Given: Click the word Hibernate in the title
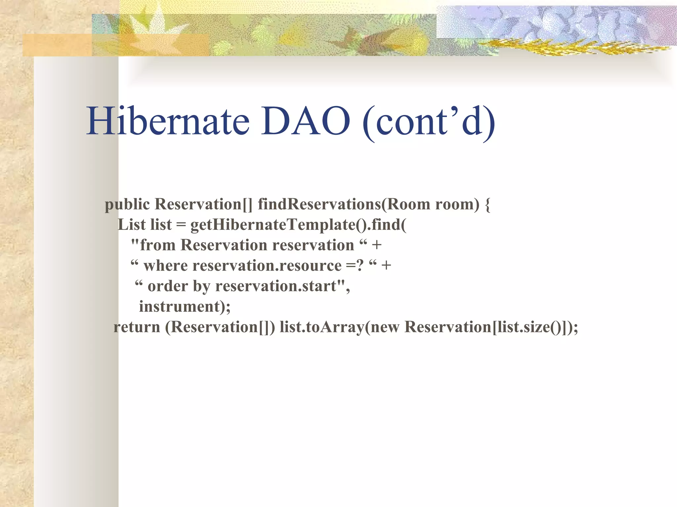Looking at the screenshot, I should [x=168, y=121].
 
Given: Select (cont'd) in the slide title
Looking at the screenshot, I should [x=429, y=122].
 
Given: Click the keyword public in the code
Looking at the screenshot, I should [x=127, y=204].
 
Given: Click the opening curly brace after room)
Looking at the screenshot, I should [x=487, y=204].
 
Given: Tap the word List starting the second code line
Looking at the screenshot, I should [x=131, y=225].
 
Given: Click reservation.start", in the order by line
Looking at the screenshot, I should [x=282, y=286].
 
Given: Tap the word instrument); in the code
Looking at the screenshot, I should [x=184, y=307].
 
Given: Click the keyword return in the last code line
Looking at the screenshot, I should [x=137, y=327].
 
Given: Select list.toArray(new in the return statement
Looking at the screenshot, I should [x=339, y=327].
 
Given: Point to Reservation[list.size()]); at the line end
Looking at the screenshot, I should [x=491, y=327].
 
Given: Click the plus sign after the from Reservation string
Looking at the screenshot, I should [x=377, y=245].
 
